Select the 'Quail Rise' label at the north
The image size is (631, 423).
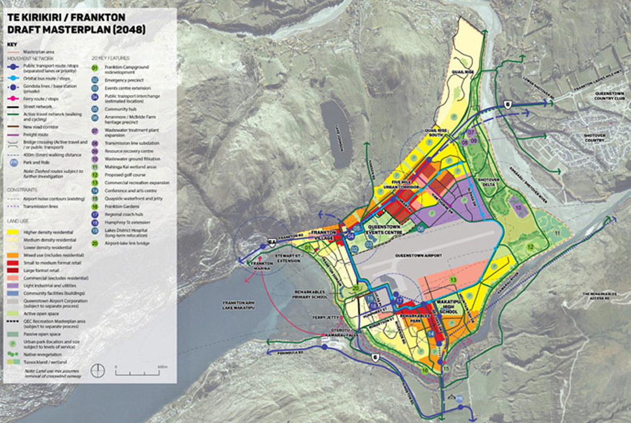pyautogui.click(x=461, y=72)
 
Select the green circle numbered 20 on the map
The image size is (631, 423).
pyautogui.click(x=356, y=289)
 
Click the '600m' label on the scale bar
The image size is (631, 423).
pyautogui.click(x=161, y=367)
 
